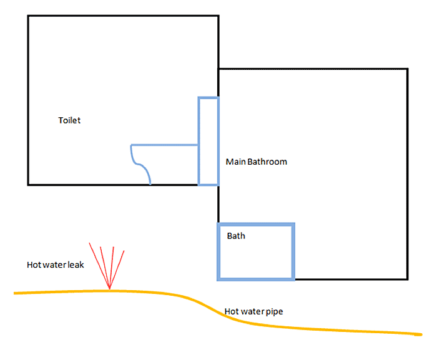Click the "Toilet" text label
coord(69,120)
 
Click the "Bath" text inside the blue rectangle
coord(236,236)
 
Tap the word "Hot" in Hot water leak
coord(34,265)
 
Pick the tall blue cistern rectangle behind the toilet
coord(208,141)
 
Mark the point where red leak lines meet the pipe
coord(110,289)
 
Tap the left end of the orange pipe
coord(15,293)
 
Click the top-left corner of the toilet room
coord(28,16)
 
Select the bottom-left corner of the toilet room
coord(28,185)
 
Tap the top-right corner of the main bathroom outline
coord(408,69)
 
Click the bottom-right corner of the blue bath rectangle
coord(293,278)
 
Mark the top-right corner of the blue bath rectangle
coord(293,224)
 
